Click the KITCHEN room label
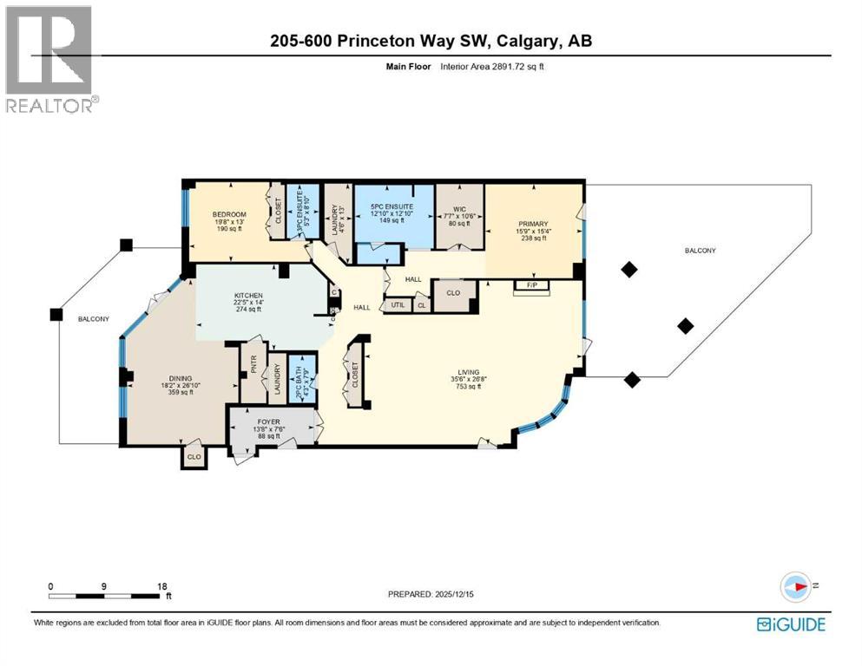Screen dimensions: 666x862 [248, 297]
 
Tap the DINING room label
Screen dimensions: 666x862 [180, 378]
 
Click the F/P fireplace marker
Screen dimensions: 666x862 [524, 284]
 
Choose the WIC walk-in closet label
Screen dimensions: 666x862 [460, 208]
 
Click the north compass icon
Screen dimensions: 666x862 [795, 586]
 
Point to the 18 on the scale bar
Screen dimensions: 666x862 [162, 586]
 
